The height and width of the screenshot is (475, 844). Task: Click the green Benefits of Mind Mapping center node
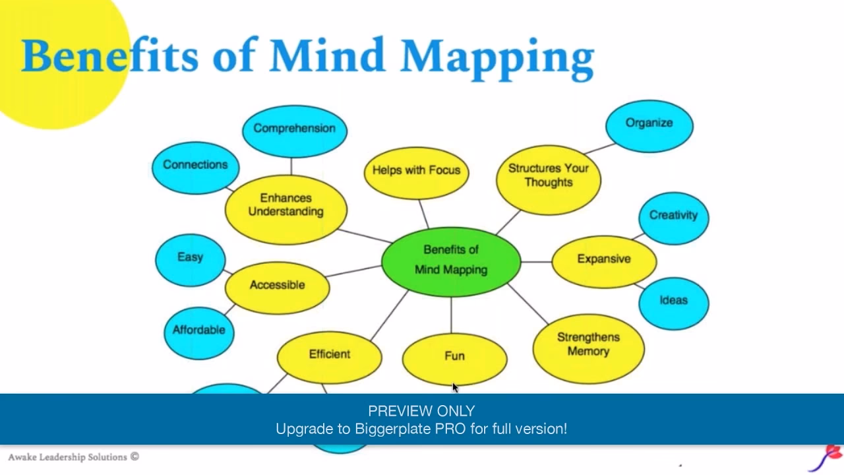[451, 261]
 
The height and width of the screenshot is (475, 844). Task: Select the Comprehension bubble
[294, 129]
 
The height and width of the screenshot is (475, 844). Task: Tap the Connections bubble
[195, 166]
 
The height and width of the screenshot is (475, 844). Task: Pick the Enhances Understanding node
[286, 206]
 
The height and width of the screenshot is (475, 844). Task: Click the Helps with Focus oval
[416, 171]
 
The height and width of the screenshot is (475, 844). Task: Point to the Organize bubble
[649, 124]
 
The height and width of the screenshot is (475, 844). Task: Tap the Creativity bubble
[673, 216]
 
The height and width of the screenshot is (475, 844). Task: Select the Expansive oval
[603, 260]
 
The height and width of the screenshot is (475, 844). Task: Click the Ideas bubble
[673, 301]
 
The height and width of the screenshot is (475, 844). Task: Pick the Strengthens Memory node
[588, 345]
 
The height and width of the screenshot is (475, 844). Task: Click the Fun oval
[454, 357]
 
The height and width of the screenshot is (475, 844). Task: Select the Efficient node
[329, 356]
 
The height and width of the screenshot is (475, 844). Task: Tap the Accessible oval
[277, 286]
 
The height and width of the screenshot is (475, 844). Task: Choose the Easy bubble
[190, 259]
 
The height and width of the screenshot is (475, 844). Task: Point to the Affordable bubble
[198, 331]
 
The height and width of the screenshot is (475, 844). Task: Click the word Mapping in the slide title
[497, 57]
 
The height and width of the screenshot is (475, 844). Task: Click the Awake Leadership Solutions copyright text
[73, 457]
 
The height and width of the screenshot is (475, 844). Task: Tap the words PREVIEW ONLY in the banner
[421, 411]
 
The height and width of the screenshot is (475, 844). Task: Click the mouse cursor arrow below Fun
[455, 388]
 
